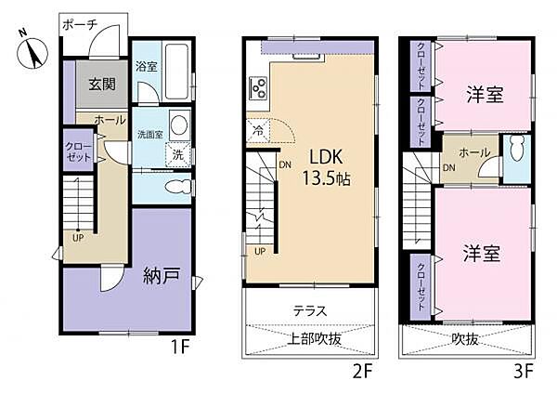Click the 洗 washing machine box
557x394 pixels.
coord(177,155)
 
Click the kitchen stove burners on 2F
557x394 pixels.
coord(258,90)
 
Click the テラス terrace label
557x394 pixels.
coord(309,310)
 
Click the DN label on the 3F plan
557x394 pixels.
coord(449,168)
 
